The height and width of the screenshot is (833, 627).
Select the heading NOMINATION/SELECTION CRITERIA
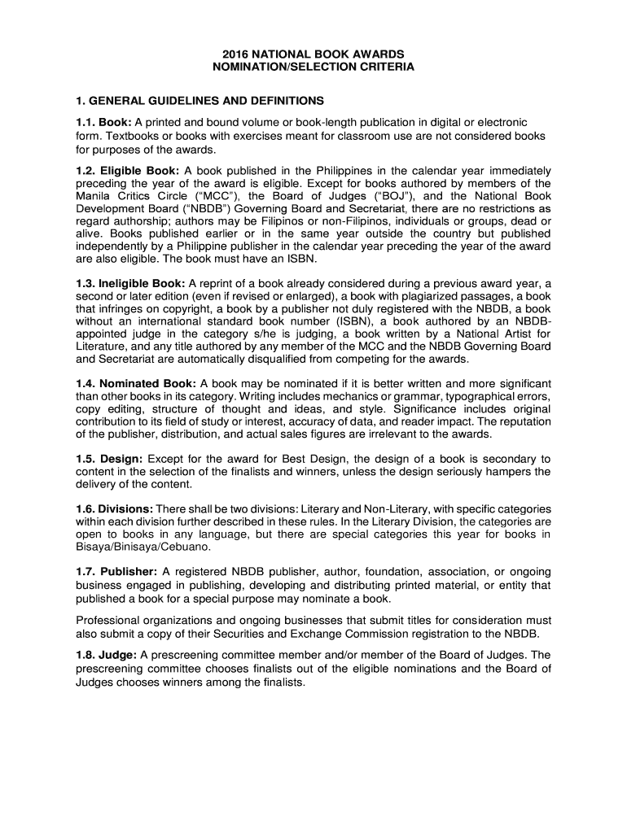tap(313, 68)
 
